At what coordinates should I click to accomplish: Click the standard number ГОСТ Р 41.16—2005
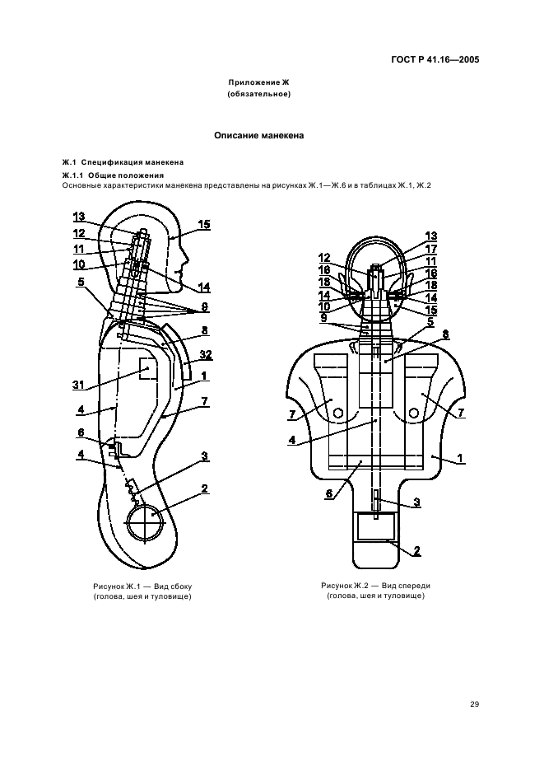click(435, 60)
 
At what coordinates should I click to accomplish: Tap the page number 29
click(474, 704)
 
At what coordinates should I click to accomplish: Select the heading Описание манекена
click(259, 135)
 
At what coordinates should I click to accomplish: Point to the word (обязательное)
click(259, 94)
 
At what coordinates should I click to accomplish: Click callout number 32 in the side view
click(206, 354)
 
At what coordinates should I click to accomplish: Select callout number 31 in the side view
click(78, 385)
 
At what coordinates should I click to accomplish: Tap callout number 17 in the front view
click(431, 249)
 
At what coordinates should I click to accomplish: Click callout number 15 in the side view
click(203, 225)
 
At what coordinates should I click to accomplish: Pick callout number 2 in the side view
click(204, 488)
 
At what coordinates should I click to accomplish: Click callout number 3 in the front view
click(416, 502)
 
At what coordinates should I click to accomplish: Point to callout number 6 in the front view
click(328, 493)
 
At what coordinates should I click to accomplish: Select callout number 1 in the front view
click(460, 458)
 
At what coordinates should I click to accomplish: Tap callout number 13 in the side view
click(79, 217)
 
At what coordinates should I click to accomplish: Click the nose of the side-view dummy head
click(186, 256)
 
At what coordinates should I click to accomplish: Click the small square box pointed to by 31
click(148, 368)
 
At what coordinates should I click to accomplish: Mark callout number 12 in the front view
click(324, 258)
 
